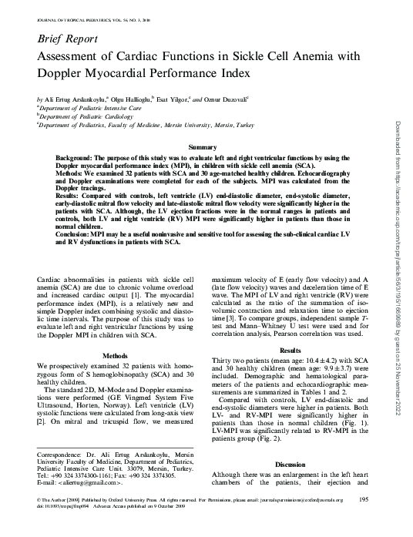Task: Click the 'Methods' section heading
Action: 115,355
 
